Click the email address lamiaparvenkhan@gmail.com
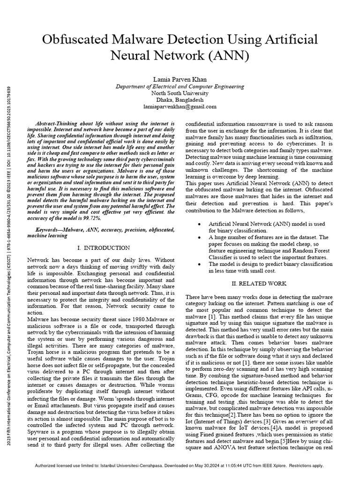180,106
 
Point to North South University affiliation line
180,93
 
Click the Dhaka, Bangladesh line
180,100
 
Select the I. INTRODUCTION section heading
101,247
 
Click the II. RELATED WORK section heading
260,284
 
